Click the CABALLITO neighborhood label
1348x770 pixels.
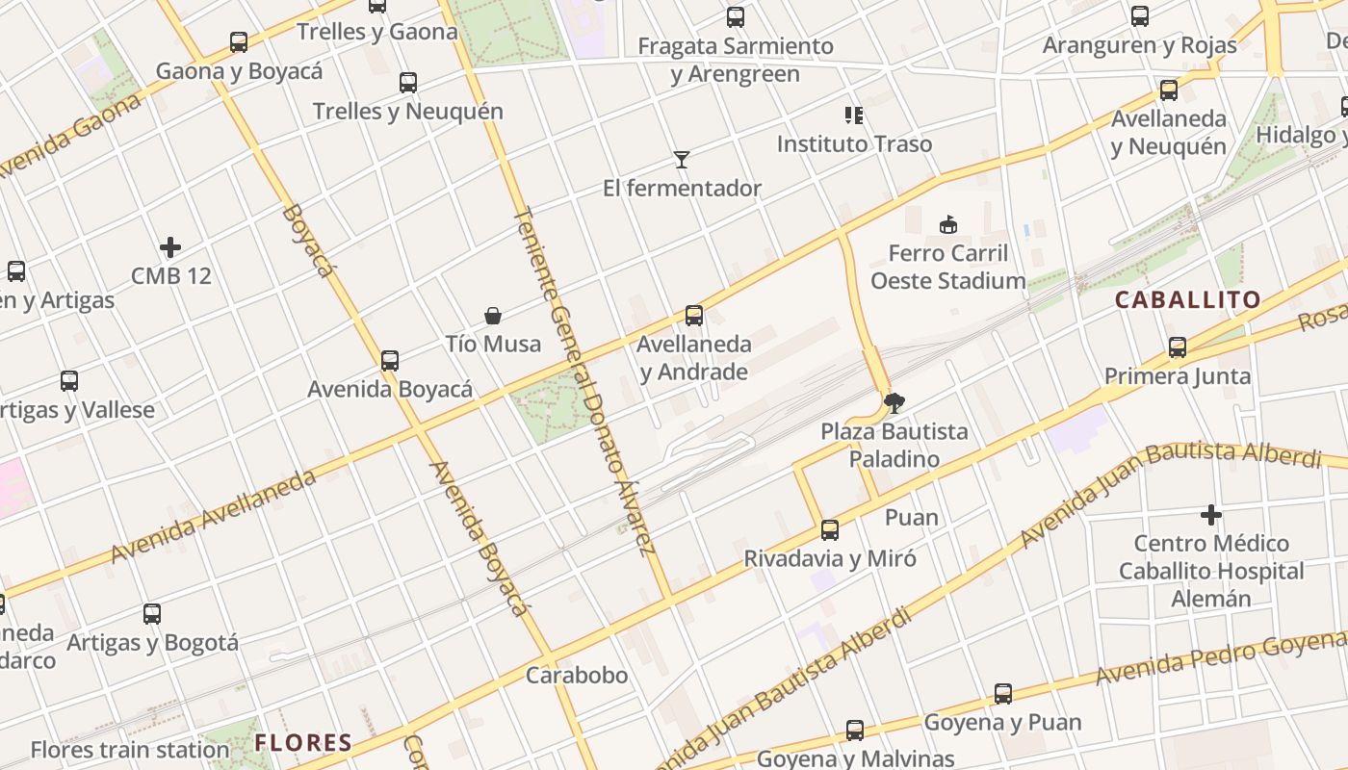tap(1187, 300)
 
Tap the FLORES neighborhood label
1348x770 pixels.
tap(303, 743)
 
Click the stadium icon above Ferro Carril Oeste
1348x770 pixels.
tap(948, 224)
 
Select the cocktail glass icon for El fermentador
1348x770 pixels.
tap(682, 160)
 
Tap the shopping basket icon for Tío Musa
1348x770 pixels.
tap(493, 316)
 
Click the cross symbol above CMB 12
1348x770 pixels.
tap(170, 247)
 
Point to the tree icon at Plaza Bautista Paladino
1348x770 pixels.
tap(894, 402)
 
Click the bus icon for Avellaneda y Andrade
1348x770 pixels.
tap(693, 316)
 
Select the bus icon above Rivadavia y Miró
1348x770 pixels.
tap(829, 530)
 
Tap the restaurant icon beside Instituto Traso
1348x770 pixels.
tap(853, 115)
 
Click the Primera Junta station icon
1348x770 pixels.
tap(1177, 347)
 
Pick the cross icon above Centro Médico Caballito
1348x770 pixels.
tap(1210, 515)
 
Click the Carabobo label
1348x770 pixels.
tap(576, 676)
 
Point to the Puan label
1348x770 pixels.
tap(911, 518)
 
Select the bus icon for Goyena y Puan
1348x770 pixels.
tap(1002, 694)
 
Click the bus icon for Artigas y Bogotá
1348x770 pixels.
tap(152, 614)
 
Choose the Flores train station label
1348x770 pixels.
tap(129, 750)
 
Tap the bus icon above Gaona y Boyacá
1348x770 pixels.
tap(239, 42)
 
